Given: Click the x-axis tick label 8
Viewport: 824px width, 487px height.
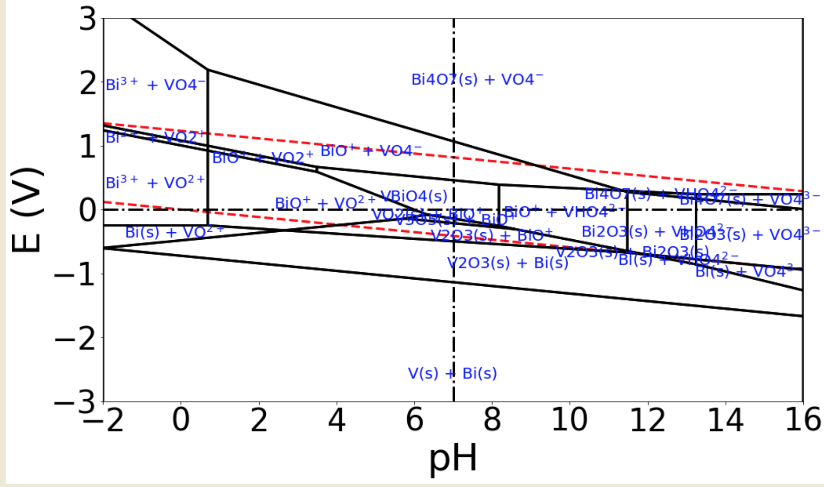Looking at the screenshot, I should [492, 420].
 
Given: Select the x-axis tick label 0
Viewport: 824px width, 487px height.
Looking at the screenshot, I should [181, 420].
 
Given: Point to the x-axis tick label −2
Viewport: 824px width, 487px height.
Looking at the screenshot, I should [103, 420].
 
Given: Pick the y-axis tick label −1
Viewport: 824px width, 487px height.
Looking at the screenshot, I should [75, 274].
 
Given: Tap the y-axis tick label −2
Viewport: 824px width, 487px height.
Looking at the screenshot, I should [75, 338].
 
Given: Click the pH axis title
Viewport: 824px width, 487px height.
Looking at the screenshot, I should [452, 458].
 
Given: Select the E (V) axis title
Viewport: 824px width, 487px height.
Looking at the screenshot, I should [27, 210].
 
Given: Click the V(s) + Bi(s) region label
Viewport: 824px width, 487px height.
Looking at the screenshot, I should [452, 374].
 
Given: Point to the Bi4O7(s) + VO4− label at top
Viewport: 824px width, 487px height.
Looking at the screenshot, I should [477, 79].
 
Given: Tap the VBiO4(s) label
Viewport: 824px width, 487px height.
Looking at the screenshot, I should [414, 196].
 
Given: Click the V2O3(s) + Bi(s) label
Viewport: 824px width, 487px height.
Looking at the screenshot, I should [507, 263].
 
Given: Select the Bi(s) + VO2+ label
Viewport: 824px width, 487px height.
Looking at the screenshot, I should [174, 232].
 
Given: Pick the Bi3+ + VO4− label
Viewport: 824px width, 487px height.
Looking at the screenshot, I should [155, 85].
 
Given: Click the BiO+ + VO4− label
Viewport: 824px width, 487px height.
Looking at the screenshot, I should [371, 151].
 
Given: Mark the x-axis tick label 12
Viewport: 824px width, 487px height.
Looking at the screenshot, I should [648, 420].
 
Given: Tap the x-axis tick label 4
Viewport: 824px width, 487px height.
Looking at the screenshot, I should [337, 420].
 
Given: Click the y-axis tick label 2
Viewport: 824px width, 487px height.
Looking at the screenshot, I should [88, 84].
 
